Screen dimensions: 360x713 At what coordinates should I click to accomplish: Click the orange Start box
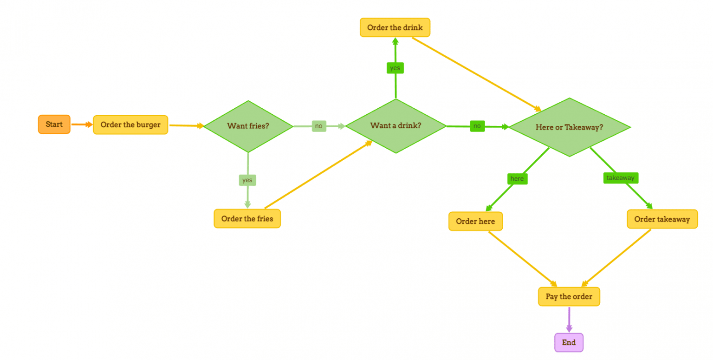(54, 124)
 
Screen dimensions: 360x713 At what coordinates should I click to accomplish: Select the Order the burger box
(130, 125)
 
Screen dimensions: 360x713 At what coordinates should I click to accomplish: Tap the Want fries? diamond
(248, 126)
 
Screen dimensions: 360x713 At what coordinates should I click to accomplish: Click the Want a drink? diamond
(396, 125)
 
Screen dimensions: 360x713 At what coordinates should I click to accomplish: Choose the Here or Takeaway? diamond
(570, 127)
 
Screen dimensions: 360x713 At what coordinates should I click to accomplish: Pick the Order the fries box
(247, 219)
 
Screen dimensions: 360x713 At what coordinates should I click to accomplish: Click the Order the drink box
(395, 27)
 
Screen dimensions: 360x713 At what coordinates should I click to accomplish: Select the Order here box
(475, 221)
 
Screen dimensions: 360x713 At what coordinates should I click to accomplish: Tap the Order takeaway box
(662, 219)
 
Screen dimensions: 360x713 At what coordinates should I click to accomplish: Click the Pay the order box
(569, 297)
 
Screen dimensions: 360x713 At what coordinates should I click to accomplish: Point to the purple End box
(569, 343)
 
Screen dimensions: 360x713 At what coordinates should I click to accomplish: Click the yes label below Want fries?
(247, 180)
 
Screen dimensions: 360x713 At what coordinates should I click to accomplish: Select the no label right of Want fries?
(319, 126)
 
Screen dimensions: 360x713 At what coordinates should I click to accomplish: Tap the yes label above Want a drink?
(395, 68)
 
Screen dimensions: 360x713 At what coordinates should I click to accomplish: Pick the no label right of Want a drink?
(477, 126)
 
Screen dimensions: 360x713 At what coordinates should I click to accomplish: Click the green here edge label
(517, 178)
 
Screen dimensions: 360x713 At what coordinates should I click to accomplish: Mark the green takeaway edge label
(621, 178)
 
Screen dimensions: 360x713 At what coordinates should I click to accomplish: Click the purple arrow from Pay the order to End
(569, 320)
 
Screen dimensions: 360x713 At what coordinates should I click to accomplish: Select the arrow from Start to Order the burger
(82, 124)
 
